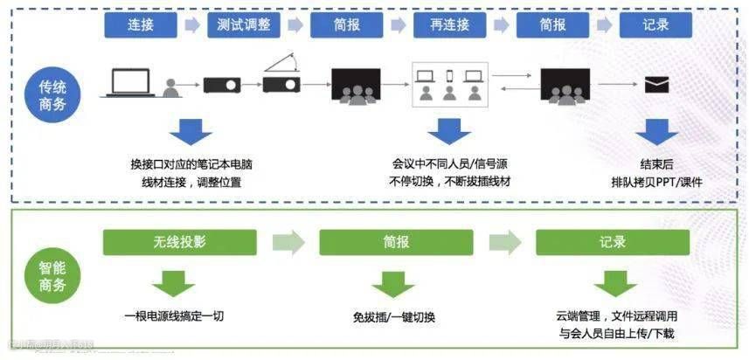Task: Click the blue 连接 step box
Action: pyautogui.click(x=140, y=24)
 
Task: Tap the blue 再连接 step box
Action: pyautogui.click(x=449, y=24)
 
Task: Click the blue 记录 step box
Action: pyautogui.click(x=655, y=24)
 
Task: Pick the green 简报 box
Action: pyautogui.click(x=396, y=242)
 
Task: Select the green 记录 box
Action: pyautogui.click(x=612, y=242)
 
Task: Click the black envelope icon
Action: pyautogui.click(x=656, y=85)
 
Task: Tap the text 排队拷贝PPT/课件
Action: pyautogui.click(x=656, y=183)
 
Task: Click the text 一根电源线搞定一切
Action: pyautogui.click(x=174, y=315)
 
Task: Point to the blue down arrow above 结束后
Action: pyautogui.click(x=656, y=133)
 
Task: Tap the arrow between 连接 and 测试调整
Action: pyautogui.click(x=191, y=25)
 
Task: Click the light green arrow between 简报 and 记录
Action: pyautogui.click(x=504, y=242)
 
